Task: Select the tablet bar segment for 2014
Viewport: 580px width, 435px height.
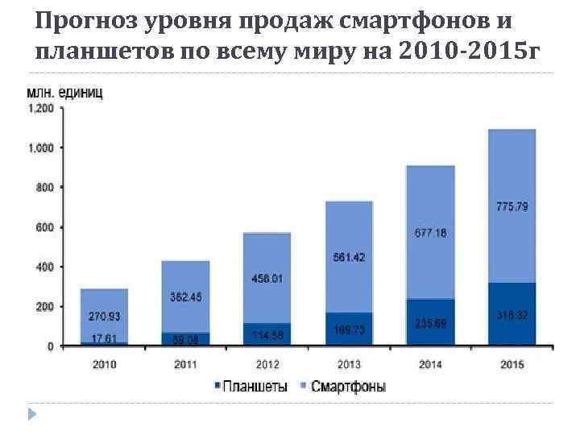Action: tap(430, 322)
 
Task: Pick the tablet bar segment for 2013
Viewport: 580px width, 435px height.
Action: tap(349, 329)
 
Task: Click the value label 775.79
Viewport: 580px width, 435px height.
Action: tap(512, 207)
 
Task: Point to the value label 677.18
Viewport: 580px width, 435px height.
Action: tap(430, 233)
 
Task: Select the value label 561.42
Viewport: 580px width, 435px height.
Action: tap(349, 258)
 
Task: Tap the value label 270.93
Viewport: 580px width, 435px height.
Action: tap(104, 317)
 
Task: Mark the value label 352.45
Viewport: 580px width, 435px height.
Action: tap(185, 297)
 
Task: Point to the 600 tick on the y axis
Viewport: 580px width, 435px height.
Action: tap(45, 227)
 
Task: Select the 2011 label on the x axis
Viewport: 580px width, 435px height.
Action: tap(185, 364)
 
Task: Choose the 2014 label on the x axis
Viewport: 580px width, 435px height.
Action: tap(430, 364)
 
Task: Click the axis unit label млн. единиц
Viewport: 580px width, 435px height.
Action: tap(64, 93)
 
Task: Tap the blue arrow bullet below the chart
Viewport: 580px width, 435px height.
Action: tap(32, 415)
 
